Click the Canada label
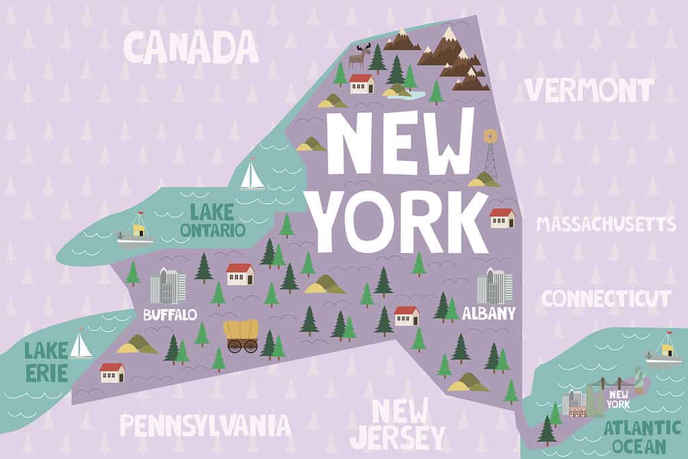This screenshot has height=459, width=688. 192,47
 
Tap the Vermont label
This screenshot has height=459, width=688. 588,90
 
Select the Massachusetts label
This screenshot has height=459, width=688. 605,224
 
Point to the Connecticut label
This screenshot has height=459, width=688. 606,298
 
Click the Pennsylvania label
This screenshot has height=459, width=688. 205,425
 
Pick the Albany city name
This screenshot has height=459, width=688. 489,313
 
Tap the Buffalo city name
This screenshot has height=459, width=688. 170,314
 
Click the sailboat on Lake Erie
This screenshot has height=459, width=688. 80,344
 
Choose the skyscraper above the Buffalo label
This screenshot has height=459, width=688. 167,286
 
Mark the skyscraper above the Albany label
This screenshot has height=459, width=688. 494,286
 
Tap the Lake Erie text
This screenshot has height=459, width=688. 46,361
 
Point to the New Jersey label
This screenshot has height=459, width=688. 399,423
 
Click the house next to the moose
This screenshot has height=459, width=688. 362,83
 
